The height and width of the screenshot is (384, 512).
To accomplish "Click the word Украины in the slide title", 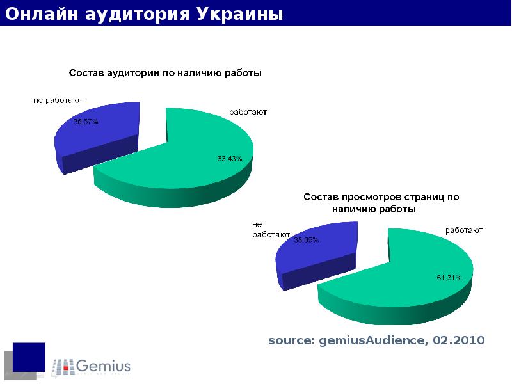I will point(239,13).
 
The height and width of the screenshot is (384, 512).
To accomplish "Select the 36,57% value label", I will point(86,121).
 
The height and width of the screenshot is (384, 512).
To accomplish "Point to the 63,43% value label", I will point(229,159).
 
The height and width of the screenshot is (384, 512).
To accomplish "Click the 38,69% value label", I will point(306,240).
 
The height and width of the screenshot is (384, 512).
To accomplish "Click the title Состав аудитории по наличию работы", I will point(165,73).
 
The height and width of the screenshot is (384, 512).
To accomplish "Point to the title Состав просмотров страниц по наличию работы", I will point(381,203).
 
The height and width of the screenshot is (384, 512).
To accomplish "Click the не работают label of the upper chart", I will point(58,100).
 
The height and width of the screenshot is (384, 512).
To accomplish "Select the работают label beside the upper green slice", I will point(248,111).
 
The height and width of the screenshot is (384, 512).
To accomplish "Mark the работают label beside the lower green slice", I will point(464,230).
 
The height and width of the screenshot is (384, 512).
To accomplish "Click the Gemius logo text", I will point(103,366).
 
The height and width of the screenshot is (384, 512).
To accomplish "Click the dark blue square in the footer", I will point(29,356).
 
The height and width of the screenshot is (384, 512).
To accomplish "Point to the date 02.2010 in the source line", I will point(458,340).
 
